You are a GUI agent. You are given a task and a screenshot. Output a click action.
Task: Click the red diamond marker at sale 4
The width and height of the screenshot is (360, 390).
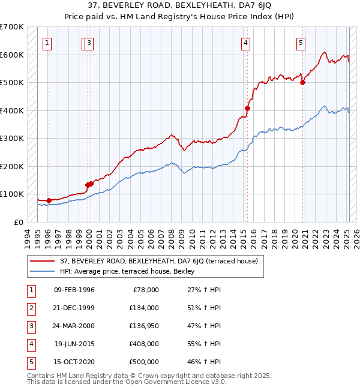pyautogui.click(x=247, y=109)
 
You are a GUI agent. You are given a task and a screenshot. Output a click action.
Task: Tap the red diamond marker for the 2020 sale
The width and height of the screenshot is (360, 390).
pyautogui.click(x=302, y=83)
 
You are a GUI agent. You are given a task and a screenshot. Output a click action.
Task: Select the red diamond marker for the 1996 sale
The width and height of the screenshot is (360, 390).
pyautogui.click(x=49, y=201)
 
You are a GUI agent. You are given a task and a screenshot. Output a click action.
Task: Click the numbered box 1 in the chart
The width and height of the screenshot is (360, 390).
pyautogui.click(x=47, y=44)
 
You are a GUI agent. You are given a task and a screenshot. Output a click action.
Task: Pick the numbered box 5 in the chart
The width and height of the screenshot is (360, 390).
pyautogui.click(x=301, y=44)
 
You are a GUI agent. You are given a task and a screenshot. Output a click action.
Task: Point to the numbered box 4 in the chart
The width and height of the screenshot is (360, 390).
pyautogui.click(x=245, y=44)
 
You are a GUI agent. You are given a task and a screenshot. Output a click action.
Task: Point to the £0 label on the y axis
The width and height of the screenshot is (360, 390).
pyautogui.click(x=19, y=223)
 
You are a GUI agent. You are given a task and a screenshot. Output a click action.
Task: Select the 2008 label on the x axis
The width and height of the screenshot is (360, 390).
pyautogui.click(x=172, y=239)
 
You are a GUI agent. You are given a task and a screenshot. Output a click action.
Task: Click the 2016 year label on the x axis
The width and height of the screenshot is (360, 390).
pyautogui.click(x=254, y=239)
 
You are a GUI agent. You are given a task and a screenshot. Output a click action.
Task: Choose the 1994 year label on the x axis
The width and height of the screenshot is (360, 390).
pyautogui.click(x=28, y=239)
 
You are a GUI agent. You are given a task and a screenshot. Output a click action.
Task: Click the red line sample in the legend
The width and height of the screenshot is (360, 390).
pyautogui.click(x=42, y=261)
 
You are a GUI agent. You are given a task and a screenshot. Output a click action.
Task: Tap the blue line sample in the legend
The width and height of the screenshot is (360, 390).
pyautogui.click(x=42, y=271)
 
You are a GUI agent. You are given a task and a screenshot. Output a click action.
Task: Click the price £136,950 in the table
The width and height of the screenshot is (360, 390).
pyautogui.click(x=144, y=326)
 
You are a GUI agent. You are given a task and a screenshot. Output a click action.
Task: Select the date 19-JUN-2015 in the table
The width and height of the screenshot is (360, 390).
pyautogui.click(x=74, y=344)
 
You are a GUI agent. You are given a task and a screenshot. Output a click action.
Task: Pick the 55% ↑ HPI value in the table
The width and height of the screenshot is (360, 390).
pyautogui.click(x=204, y=344)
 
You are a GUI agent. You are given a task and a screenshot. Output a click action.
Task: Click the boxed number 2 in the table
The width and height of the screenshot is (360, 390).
pyautogui.click(x=31, y=308)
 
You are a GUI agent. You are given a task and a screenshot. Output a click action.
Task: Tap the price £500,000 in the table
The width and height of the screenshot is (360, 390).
pyautogui.click(x=144, y=362)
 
